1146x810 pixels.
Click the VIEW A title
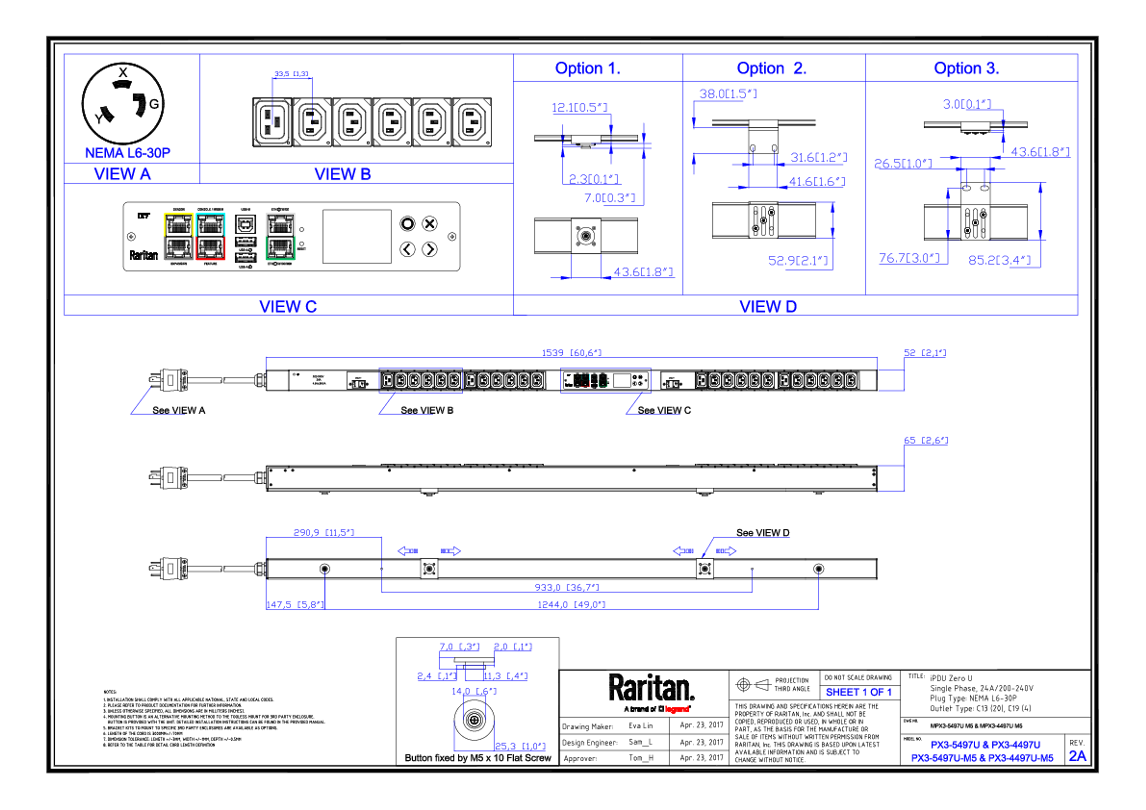click(122, 174)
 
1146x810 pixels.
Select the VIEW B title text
click(342, 174)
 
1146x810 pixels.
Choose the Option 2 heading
click(771, 68)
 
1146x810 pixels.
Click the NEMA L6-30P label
click(128, 152)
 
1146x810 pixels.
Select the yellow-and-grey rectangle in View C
click(178, 237)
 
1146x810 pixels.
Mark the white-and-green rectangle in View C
click(281, 237)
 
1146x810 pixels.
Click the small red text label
click(677, 709)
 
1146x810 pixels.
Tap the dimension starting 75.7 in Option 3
click(908, 259)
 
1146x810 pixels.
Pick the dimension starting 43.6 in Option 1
click(644, 272)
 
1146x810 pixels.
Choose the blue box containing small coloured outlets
click(606, 381)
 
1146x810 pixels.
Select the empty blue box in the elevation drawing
click(420, 381)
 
